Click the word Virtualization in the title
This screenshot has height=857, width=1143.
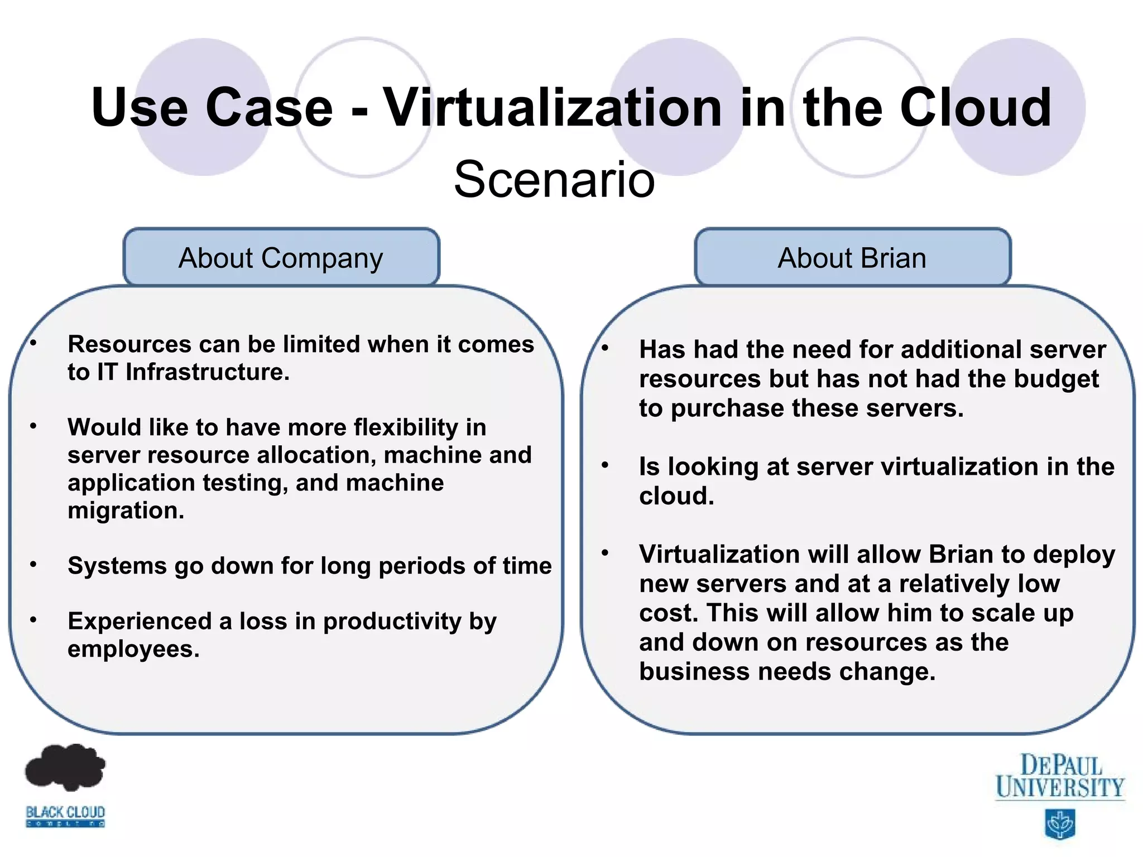coord(553,107)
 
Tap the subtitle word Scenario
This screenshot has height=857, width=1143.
coord(554,179)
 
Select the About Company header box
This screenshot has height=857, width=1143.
coord(281,258)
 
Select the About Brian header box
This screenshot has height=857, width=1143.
coord(852,258)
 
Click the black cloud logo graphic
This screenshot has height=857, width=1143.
coord(65,767)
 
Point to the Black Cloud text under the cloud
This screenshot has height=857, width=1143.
coord(65,812)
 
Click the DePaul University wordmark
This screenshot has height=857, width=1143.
coord(1060,776)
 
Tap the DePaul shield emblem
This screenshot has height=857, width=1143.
coord(1059,824)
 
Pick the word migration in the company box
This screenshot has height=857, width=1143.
coord(126,511)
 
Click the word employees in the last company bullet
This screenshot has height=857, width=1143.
coord(133,649)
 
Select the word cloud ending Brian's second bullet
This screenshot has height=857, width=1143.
coord(676,496)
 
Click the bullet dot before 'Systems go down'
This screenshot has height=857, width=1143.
coord(33,565)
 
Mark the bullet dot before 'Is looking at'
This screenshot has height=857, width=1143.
coord(605,465)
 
